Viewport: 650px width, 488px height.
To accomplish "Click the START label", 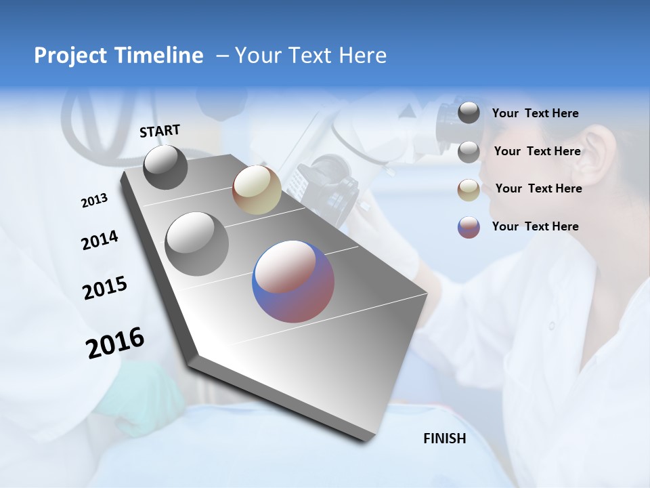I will [x=160, y=131].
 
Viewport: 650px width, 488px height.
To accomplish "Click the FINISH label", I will [x=444, y=439].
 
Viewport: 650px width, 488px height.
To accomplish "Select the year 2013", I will [x=94, y=201].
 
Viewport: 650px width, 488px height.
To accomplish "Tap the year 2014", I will [x=100, y=241].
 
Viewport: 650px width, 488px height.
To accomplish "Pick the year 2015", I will [x=105, y=288].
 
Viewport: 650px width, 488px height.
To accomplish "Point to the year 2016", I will [x=115, y=343].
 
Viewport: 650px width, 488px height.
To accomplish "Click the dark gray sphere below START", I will [x=165, y=167].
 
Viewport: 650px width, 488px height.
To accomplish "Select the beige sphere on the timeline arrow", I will [x=257, y=190].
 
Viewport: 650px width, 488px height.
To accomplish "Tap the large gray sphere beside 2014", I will [x=197, y=243].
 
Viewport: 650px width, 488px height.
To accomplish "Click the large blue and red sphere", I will [x=293, y=281].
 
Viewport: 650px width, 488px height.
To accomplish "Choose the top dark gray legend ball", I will [x=469, y=113].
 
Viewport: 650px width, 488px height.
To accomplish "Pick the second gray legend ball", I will [x=469, y=152].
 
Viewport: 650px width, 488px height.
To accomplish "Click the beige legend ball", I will [x=469, y=189].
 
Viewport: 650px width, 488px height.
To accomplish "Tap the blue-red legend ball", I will [x=469, y=227].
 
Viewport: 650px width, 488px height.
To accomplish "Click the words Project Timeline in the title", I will [x=118, y=56].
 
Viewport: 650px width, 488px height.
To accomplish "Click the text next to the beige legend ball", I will [x=538, y=188].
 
